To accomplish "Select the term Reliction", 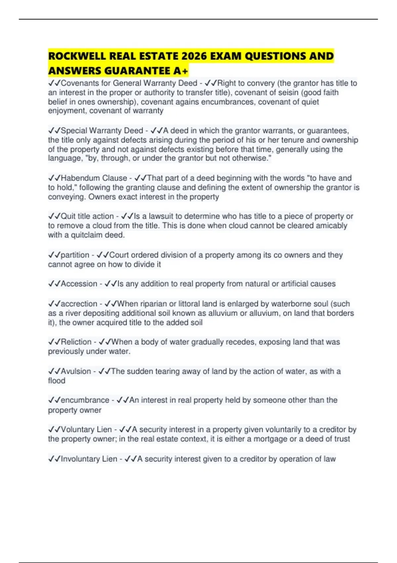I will pyautogui.click(x=76, y=342).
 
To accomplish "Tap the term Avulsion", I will pyautogui.click(x=76, y=371).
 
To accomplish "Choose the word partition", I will pyautogui.click(x=75, y=255).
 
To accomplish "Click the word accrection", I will pyautogui.click(x=79, y=304).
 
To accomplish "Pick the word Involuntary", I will pyautogui.click(x=81, y=459).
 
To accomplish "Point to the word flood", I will pyautogui.click(x=57, y=381).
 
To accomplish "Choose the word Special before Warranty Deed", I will pyautogui.click(x=74, y=130).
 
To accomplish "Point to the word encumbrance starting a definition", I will pyautogui.click(x=85, y=400).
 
